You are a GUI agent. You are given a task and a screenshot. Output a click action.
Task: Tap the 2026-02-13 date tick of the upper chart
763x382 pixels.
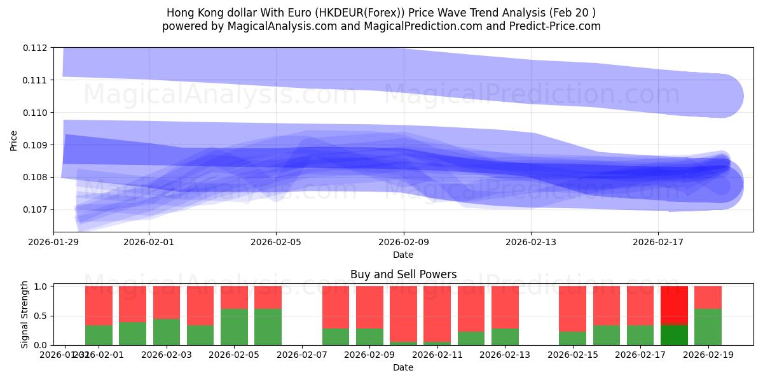[531, 242]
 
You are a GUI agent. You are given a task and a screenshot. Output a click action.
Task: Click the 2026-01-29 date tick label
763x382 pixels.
[53, 242]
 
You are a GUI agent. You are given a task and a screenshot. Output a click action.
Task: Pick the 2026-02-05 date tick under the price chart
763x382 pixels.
[276, 242]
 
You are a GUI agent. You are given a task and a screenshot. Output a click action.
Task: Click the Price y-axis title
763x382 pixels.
[14, 140]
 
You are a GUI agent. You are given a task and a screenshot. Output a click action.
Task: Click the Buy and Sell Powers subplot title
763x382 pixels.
[403, 275]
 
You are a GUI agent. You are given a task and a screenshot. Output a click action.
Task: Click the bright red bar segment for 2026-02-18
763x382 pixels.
[674, 306]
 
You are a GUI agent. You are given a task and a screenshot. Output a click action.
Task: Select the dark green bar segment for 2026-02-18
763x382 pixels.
[674, 335]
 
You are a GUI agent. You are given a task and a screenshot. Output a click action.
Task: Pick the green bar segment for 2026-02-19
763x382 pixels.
[708, 327]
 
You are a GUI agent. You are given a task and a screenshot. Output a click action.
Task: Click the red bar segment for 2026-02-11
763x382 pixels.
[437, 314]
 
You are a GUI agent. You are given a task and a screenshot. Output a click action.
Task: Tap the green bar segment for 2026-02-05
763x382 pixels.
[234, 327]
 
